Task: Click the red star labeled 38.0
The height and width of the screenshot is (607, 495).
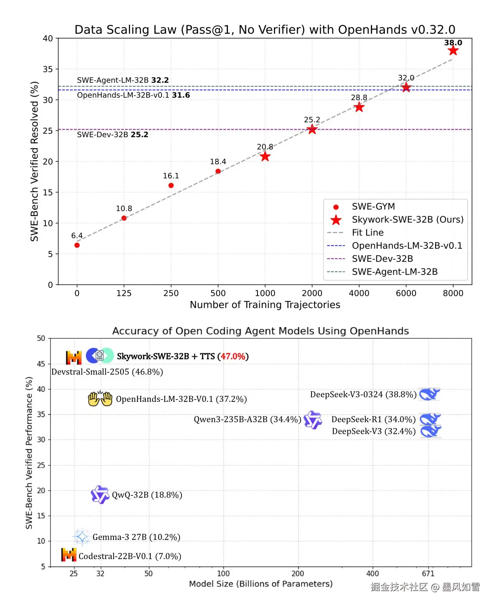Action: tap(453, 51)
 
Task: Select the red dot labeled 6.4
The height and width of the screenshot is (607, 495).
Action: tap(77, 245)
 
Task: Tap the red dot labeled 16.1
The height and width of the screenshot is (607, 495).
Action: tap(171, 186)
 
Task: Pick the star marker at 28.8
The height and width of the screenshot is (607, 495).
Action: tap(359, 107)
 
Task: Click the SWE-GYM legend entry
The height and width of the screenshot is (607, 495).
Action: tap(373, 207)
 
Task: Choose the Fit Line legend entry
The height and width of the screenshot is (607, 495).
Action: tap(367, 233)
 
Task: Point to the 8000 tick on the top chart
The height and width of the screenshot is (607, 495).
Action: tap(453, 293)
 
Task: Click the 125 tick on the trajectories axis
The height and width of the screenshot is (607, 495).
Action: tap(124, 293)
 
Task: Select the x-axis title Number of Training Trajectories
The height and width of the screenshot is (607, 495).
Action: tap(265, 305)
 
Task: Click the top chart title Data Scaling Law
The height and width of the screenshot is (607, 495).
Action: tap(265, 30)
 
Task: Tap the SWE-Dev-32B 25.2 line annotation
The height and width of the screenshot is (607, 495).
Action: tap(112, 135)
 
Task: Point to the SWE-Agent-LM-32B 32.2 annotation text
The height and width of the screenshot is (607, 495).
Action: tap(123, 80)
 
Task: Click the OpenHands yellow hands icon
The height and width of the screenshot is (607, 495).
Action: tap(100, 399)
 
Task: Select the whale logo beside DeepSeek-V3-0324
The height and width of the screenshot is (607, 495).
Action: tap(430, 394)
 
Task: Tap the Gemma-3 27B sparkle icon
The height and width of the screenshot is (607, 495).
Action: tap(81, 537)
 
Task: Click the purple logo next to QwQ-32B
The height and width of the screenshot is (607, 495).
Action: tap(100, 495)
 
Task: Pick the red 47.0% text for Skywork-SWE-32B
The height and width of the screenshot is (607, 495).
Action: tap(233, 356)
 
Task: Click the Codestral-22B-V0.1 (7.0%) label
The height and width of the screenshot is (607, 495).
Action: tap(130, 556)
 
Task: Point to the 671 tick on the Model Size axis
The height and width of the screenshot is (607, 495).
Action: tap(428, 574)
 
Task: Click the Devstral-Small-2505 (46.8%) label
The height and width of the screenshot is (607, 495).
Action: tap(107, 372)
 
